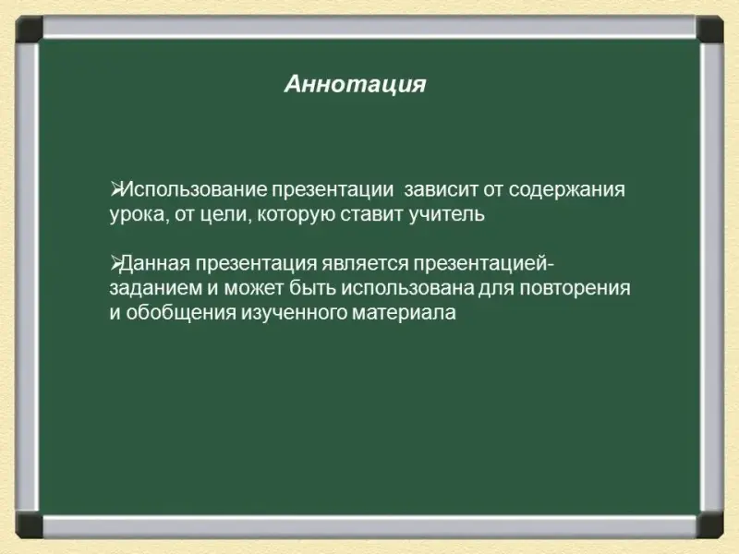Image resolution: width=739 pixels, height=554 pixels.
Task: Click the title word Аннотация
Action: point(356,85)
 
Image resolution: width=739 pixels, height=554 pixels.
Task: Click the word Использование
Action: point(194,190)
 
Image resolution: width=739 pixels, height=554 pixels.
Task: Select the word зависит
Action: point(441,190)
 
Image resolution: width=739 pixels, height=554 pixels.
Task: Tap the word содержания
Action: point(566,191)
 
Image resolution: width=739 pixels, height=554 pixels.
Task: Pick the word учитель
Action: point(446,215)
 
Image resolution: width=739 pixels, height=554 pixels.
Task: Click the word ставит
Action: point(372,215)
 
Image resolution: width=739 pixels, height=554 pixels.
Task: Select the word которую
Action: point(297,215)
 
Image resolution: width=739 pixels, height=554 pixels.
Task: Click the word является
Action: point(365,264)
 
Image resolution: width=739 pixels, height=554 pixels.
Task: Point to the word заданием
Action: point(155,289)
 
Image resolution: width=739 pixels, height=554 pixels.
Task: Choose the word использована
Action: point(407,289)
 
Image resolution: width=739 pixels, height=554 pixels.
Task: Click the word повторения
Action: point(575,289)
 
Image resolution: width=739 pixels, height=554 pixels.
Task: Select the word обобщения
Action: point(180,313)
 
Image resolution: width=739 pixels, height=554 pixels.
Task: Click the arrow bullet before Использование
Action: point(115,189)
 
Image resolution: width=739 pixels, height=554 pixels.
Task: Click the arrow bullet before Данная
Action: point(115,263)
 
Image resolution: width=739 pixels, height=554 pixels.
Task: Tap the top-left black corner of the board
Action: point(30,30)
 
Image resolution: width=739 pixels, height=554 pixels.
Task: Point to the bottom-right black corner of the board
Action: point(709,524)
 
